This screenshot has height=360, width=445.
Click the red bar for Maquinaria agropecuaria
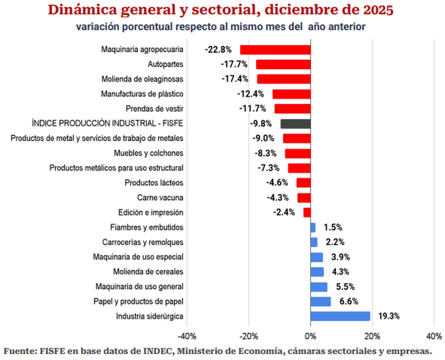point(276,50)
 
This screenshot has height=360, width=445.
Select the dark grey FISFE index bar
point(296,124)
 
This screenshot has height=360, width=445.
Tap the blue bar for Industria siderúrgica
point(340,316)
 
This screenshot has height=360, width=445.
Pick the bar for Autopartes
point(283,65)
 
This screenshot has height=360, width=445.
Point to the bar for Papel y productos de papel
point(321,301)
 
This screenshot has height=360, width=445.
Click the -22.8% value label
point(218,50)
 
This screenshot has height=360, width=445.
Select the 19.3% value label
point(388,316)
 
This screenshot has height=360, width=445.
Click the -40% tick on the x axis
point(186,336)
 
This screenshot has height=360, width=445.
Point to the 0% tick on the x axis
point(310,336)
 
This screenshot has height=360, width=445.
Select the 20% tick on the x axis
point(372,336)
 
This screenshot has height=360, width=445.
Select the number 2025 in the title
point(376,11)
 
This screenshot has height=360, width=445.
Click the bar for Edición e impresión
point(307,212)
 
